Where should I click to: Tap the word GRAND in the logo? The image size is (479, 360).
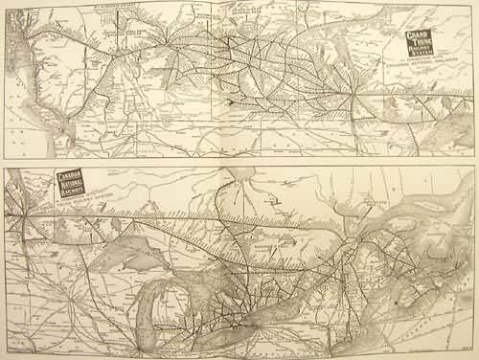[x=419, y=34]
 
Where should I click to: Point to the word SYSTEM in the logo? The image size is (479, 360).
[x=420, y=54]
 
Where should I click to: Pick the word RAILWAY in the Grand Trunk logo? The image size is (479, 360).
[x=420, y=48]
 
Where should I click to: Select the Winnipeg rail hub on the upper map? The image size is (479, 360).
[x=355, y=96]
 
